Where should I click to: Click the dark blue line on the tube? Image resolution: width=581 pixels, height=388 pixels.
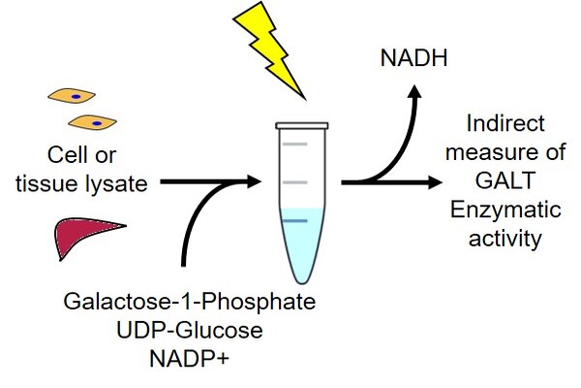click(296, 222)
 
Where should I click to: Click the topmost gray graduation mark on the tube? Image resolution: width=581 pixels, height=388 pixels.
click(295, 145)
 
